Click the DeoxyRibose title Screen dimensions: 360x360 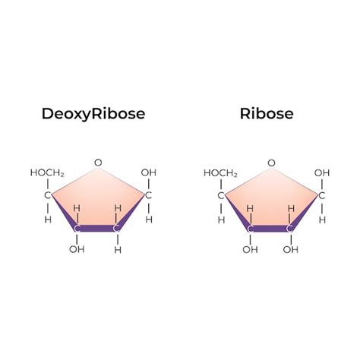[93, 114]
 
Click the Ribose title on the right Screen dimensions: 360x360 [267, 114]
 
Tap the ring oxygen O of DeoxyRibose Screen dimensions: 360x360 [98, 163]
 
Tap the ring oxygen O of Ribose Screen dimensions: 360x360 [271, 163]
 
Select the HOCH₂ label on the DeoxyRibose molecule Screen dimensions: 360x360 [47, 173]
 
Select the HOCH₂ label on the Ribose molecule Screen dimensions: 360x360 [220, 173]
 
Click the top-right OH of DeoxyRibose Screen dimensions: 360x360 [149, 172]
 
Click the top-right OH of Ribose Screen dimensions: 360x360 [322, 173]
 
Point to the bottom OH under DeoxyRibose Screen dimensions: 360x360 [77, 249]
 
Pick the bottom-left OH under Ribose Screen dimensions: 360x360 [250, 250]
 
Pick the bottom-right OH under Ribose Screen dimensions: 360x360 [291, 250]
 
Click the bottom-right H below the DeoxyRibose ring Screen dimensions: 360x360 [118, 250]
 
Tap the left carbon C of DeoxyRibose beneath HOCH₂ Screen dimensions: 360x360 [48, 195]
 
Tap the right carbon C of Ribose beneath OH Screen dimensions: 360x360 [321, 196]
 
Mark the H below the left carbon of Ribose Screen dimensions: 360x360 [221, 220]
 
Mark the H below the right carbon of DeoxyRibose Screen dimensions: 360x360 [149, 219]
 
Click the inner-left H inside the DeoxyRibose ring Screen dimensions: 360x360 [77, 208]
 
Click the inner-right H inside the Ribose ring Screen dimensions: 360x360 [292, 209]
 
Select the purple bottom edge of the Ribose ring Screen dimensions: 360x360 [270, 229]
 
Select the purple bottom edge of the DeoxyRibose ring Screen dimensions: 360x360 [96, 229]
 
